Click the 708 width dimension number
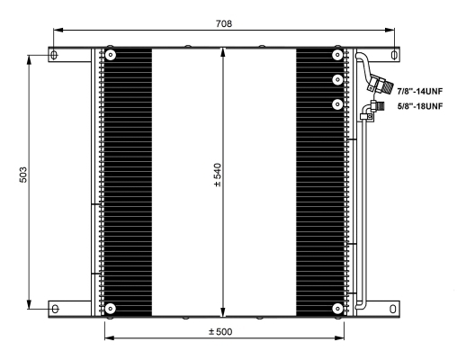224,23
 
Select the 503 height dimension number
23,175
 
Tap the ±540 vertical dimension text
218,175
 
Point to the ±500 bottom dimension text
220,331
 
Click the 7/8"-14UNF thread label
420,91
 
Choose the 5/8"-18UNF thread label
420,106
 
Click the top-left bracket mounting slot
54,55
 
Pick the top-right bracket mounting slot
394,55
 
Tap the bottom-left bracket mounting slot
55,309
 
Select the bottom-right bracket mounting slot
392,309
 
